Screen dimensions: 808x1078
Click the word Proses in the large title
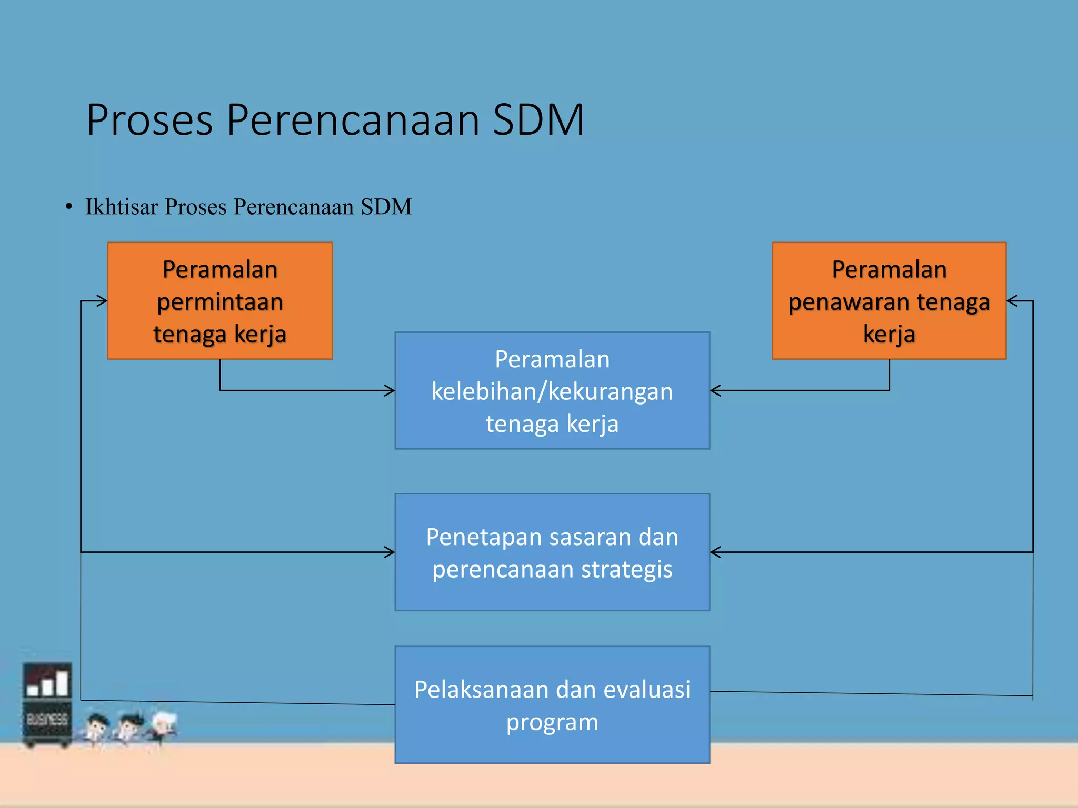point(149,120)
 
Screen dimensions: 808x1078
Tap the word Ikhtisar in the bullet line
point(122,207)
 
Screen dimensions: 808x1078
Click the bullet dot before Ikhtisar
point(69,207)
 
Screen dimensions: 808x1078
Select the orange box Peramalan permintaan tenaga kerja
point(220,301)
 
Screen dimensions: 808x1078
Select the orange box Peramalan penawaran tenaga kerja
point(889,301)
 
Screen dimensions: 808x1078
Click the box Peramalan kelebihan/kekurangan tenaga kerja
point(552,390)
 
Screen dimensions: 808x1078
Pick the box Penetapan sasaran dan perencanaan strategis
point(552,552)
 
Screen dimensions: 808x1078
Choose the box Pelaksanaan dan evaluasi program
point(552,704)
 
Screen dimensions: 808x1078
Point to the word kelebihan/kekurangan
point(552,391)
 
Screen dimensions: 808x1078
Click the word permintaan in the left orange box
point(220,302)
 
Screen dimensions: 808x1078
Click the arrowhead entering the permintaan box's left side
point(103,301)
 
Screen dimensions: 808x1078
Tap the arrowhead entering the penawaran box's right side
point(1012,301)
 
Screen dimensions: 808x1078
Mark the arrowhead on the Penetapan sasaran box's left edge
point(390,552)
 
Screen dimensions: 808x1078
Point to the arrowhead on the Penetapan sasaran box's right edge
point(715,552)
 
